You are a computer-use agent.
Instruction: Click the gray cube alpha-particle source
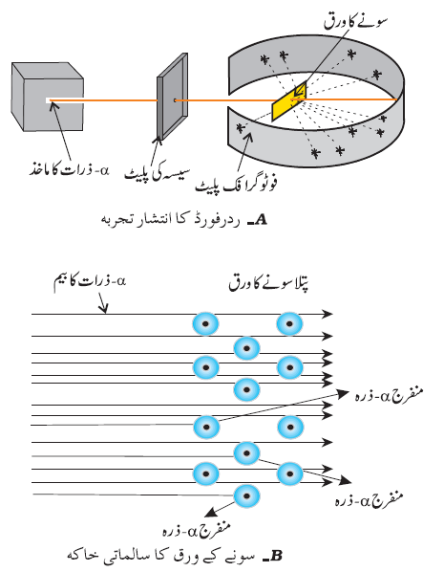click(48, 97)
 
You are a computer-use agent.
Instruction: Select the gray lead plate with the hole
click(172, 97)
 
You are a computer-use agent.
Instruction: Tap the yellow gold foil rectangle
click(289, 100)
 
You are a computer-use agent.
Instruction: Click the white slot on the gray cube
click(48, 99)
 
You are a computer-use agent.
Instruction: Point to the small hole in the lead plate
click(175, 99)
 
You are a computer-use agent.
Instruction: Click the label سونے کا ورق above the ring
click(355, 21)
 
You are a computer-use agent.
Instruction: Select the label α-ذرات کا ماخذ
click(69, 170)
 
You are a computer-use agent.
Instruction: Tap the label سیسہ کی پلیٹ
click(158, 174)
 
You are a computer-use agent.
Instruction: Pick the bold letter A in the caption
click(262, 220)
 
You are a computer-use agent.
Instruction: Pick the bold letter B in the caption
click(276, 556)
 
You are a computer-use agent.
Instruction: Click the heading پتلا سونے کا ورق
click(269, 284)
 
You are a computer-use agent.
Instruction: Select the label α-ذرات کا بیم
click(90, 281)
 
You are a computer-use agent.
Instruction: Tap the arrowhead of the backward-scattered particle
click(209, 513)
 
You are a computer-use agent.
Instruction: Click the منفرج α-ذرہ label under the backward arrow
click(197, 529)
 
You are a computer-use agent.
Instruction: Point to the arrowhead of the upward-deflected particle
click(344, 393)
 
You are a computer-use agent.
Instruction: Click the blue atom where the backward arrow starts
click(246, 495)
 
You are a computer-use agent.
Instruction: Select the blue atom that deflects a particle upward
click(206, 427)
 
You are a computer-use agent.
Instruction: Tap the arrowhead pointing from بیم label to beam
click(104, 309)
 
